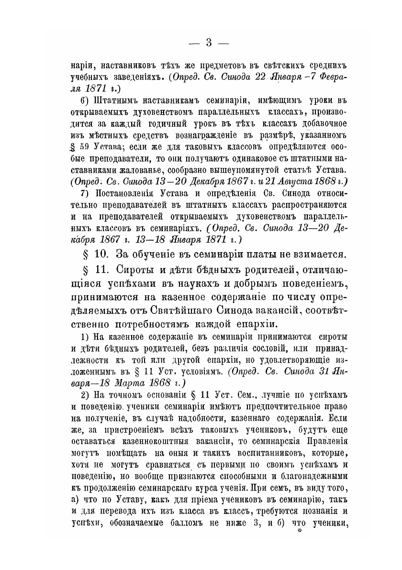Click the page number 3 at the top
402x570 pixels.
[209, 43]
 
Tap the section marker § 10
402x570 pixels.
[94, 253]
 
